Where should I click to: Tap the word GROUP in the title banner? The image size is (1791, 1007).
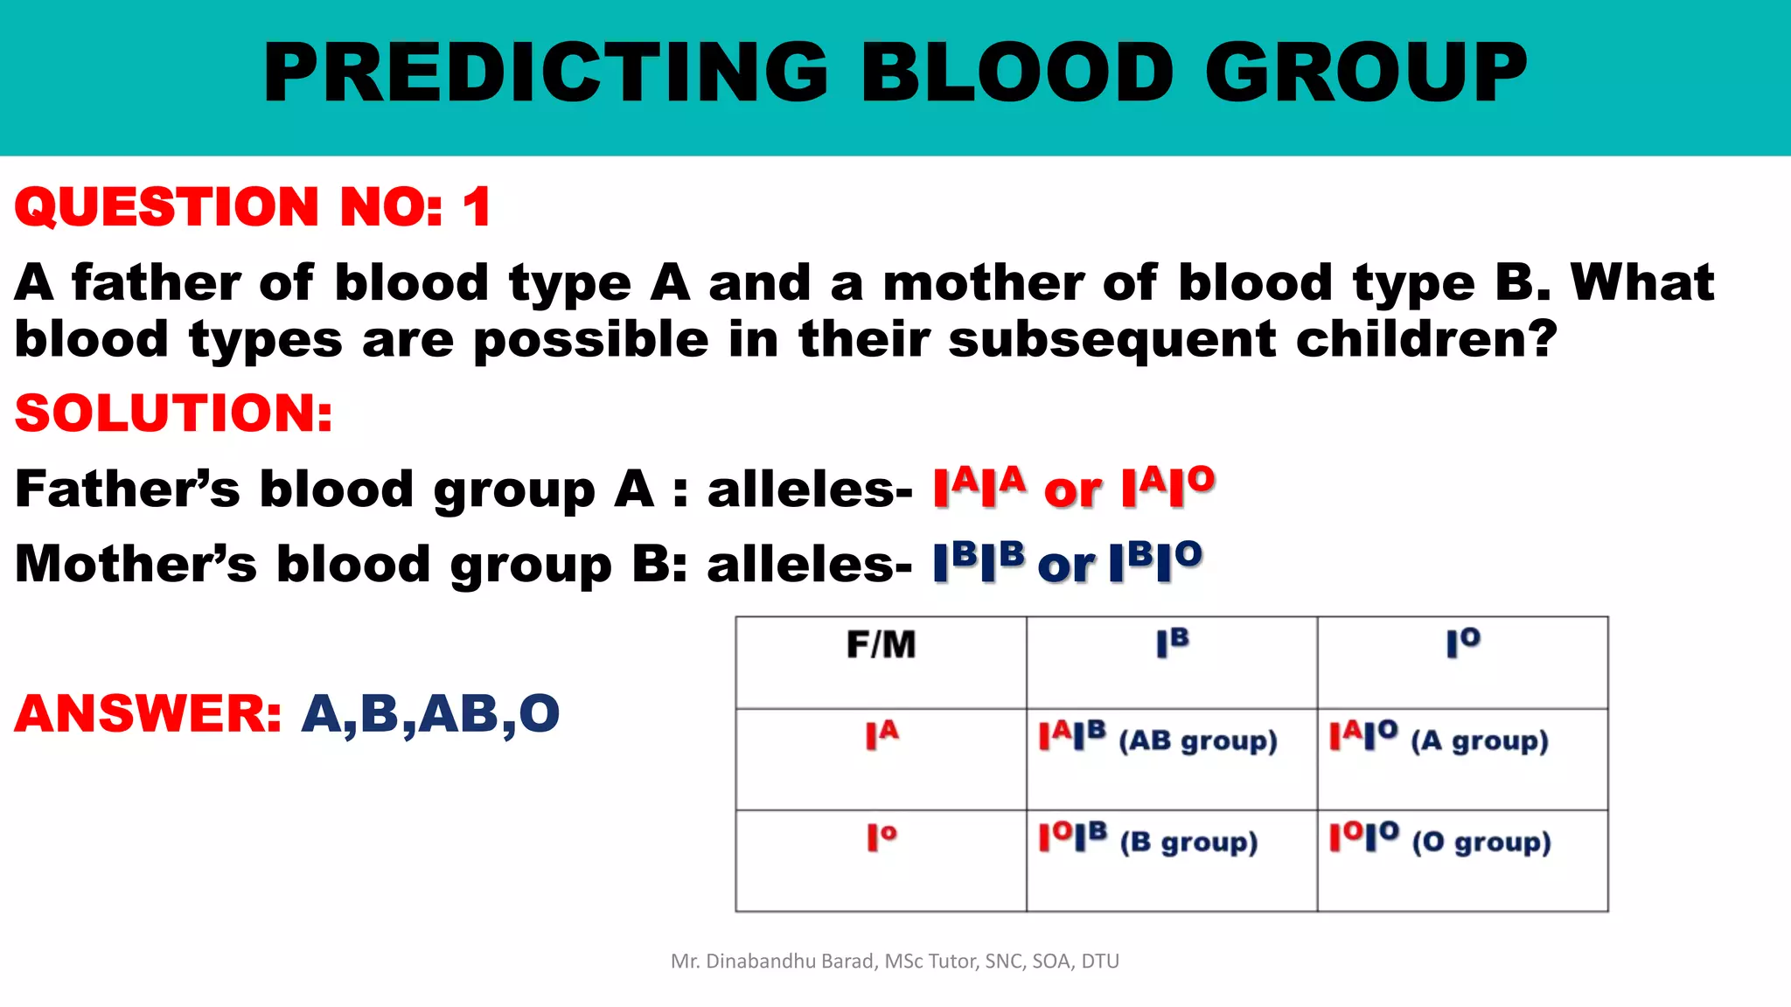pyautogui.click(x=1366, y=73)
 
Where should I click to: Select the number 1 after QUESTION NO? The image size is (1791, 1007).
pyautogui.click(x=477, y=207)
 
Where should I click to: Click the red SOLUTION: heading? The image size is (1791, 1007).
pyautogui.click(x=174, y=413)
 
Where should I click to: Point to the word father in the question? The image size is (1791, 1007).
pyautogui.click(x=156, y=283)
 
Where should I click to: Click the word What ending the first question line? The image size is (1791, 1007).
pyautogui.click(x=1642, y=283)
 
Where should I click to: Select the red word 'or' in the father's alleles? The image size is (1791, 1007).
pyautogui.click(x=1072, y=491)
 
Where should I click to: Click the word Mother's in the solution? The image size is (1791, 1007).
pyautogui.click(x=136, y=564)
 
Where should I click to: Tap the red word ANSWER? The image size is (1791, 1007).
pyautogui.click(x=148, y=713)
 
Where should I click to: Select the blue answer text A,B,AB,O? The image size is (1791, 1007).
pyautogui.click(x=430, y=713)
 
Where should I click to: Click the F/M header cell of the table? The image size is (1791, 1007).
pyautogui.click(x=881, y=645)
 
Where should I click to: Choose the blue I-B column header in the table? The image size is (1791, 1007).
pyautogui.click(x=1172, y=643)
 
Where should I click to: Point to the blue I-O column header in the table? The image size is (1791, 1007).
pyautogui.click(x=1462, y=643)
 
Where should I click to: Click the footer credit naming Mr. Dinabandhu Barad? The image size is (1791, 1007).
pyautogui.click(x=895, y=962)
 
